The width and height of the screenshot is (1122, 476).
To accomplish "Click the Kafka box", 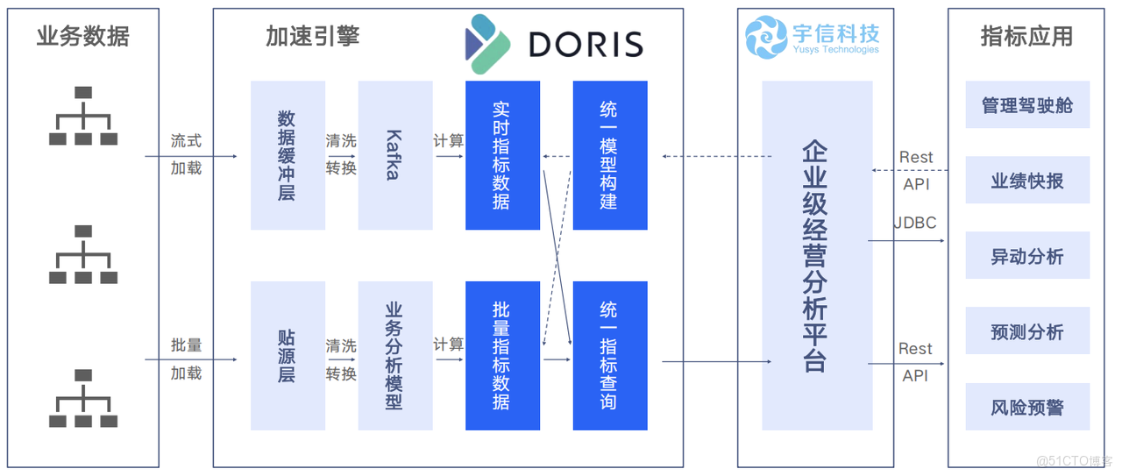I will (x=395, y=155).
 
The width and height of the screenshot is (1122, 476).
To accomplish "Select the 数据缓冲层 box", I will (x=288, y=155).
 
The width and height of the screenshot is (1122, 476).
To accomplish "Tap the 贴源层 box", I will (x=288, y=356).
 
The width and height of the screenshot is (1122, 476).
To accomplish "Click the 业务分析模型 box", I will (x=395, y=356).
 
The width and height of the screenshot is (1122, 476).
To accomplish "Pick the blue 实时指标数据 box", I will (x=502, y=155).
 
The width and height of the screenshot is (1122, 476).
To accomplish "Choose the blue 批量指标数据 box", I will (x=502, y=356).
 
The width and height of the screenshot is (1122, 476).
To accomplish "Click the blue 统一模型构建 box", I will (x=610, y=155).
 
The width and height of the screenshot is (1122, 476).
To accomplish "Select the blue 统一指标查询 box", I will (x=610, y=356).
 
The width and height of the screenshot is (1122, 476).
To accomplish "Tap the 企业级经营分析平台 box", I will (x=817, y=255).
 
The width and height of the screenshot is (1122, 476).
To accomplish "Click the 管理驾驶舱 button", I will (x=1027, y=105).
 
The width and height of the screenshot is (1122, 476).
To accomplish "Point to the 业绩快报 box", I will (x=1027, y=181).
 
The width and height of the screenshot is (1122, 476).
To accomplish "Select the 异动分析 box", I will (x=1027, y=256).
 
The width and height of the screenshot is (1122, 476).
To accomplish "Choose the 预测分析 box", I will (x=1027, y=331).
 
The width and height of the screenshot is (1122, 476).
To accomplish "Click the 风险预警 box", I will (x=1027, y=407).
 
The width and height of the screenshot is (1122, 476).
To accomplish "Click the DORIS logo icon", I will (x=487, y=43).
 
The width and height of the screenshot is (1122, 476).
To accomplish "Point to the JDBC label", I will (x=915, y=223).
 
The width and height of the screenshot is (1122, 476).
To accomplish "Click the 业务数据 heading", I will (x=83, y=37).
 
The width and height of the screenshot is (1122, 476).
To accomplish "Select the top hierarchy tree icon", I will (x=83, y=116).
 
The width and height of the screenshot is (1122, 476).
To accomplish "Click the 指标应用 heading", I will (x=1026, y=37).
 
